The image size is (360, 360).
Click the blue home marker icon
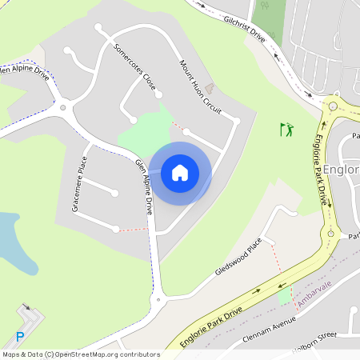click(180, 172)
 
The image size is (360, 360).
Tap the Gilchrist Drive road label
click(244, 26)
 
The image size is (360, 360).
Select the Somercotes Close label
click(134, 66)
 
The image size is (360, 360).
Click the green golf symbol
click(286, 129)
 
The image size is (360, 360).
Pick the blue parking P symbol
click(20, 338)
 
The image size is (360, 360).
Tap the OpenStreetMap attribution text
click(81, 354)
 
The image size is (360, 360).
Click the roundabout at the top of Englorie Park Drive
click(332, 105)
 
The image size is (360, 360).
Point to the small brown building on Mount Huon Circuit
click(210, 86)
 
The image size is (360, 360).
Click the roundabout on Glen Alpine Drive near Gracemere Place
click(62, 107)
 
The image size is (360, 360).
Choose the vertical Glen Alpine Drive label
click(144, 186)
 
